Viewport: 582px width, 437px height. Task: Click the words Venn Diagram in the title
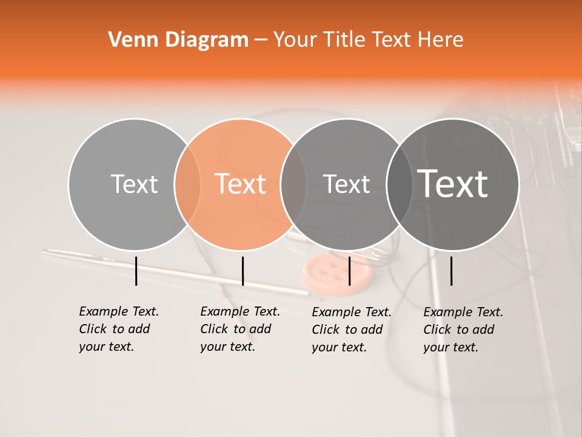[178, 40]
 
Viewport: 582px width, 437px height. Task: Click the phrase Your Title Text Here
[368, 40]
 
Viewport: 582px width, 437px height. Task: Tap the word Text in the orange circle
[241, 184]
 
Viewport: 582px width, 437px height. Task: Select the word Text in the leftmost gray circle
[134, 184]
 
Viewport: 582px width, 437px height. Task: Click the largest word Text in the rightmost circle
[453, 183]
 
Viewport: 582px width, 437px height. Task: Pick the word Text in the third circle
[346, 184]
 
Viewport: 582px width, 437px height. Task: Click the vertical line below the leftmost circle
[136, 271]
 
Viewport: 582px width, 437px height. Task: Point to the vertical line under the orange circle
[242, 271]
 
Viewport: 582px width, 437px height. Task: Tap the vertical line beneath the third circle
[349, 271]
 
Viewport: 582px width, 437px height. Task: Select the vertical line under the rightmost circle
[451, 271]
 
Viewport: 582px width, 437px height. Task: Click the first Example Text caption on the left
[118, 329]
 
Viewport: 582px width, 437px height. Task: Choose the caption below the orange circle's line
[239, 329]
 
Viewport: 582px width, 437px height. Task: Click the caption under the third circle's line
[351, 330]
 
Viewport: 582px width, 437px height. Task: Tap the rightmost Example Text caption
[463, 330]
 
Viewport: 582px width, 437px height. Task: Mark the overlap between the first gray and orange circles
[187, 184]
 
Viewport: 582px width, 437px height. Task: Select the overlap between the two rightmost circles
[400, 184]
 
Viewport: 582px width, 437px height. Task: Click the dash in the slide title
[261, 40]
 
